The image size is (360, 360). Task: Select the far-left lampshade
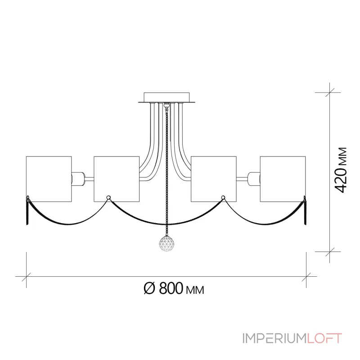[x=49, y=179]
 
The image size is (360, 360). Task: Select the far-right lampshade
[x=282, y=179]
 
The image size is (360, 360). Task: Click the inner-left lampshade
[x=116, y=179]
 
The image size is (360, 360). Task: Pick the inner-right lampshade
[x=214, y=179]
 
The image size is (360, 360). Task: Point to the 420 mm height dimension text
[x=342, y=169]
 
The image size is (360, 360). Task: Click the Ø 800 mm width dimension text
[x=173, y=288]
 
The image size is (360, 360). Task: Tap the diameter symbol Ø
[x=150, y=288]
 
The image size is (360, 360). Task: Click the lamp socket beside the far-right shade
[x=253, y=179]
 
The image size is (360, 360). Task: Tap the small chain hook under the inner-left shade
[x=108, y=197]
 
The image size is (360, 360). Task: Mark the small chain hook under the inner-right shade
[x=223, y=197]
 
